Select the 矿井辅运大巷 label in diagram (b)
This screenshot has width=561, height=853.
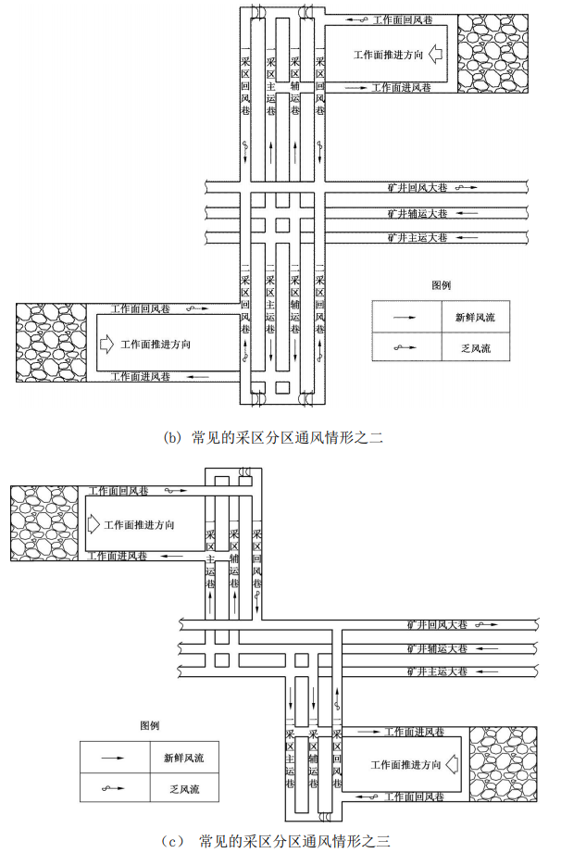tap(418, 213)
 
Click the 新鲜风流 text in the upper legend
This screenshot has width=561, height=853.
tap(475, 317)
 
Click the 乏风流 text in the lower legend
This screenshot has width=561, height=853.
tap(178, 789)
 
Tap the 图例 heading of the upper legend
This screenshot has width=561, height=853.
tap(441, 285)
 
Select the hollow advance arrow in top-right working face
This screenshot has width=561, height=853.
tap(438, 56)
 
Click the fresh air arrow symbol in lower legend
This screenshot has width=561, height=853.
tap(115, 757)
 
